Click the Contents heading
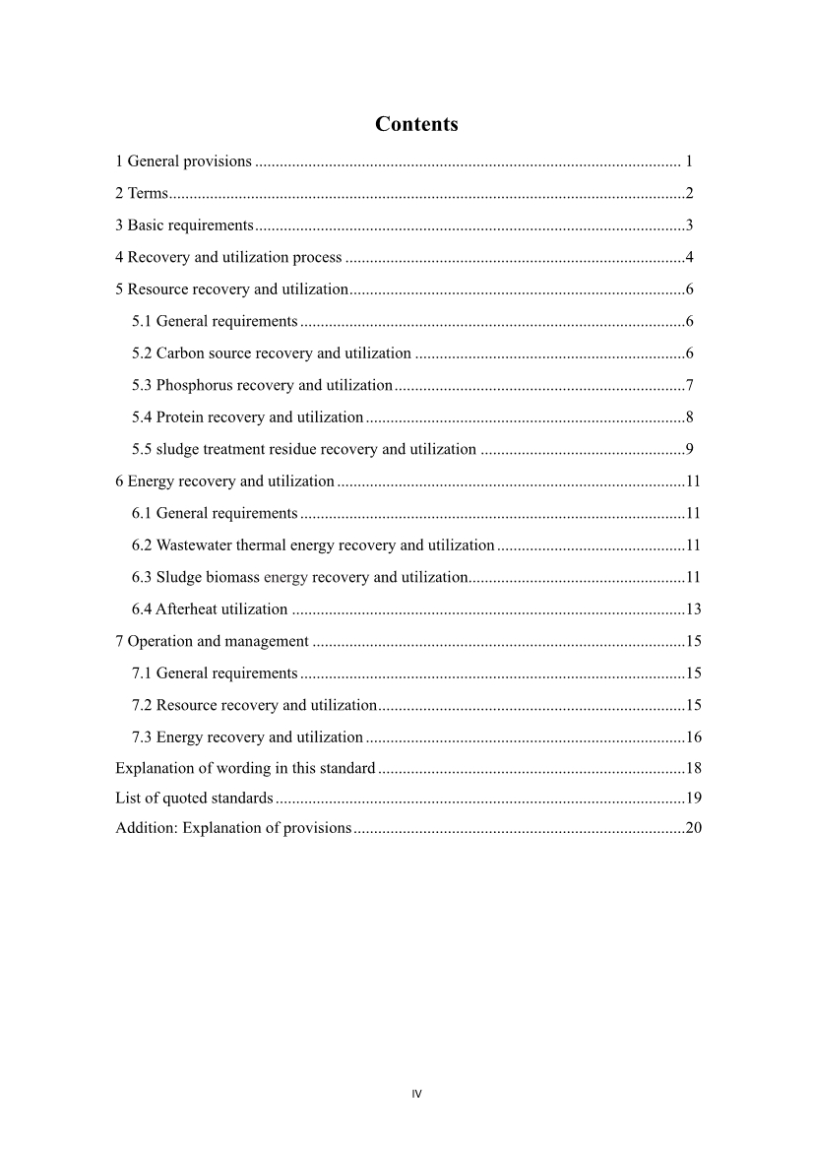click(416, 124)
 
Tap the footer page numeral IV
click(416, 1094)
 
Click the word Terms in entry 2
click(148, 193)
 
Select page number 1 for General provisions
click(690, 160)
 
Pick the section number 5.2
click(142, 353)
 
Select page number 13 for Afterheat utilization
click(693, 609)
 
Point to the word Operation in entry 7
click(157, 642)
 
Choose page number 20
click(693, 828)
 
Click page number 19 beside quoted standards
click(693, 798)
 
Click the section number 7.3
click(142, 737)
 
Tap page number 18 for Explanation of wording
click(693, 768)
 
